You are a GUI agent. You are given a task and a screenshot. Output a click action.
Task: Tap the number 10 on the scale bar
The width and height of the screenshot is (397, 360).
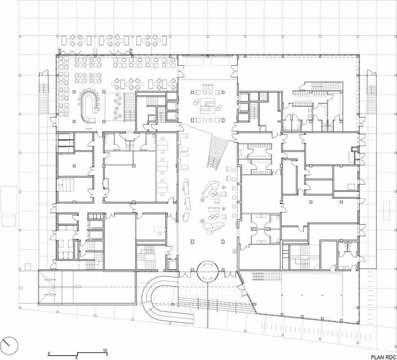tap(105, 350)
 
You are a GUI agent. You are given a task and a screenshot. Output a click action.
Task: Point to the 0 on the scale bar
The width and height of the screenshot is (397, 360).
tap(49, 353)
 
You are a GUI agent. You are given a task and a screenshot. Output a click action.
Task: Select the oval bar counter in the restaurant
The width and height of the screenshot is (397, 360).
tap(88, 107)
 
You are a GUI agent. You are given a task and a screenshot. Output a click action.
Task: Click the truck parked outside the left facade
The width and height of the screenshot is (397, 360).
tap(9, 206)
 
